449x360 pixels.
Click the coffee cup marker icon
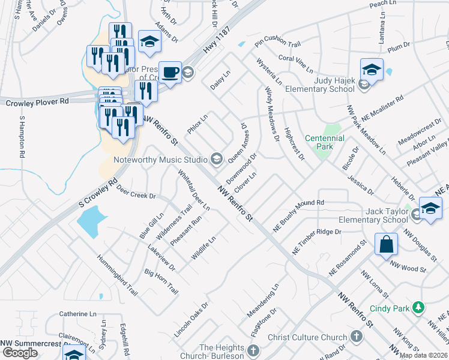170,72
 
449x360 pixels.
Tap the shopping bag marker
386,244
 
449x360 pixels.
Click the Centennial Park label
324,142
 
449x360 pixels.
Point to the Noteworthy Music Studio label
161,160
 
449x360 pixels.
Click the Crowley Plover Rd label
37,103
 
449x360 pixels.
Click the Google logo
20,353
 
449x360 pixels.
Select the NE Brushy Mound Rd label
298,212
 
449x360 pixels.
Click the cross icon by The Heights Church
254,350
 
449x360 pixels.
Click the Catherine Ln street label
77,314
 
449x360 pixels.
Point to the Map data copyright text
424,355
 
